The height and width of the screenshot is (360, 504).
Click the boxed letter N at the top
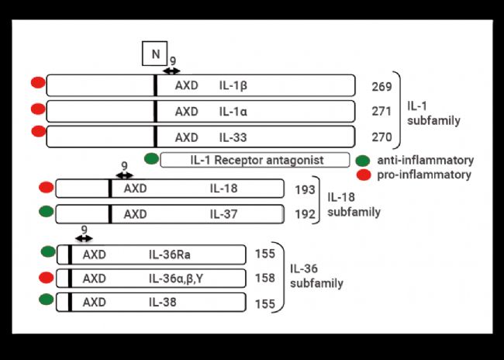(155, 54)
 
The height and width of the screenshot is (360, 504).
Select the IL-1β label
(233, 86)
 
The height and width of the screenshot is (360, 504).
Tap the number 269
(381, 87)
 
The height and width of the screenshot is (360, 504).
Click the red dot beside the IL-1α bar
(38, 109)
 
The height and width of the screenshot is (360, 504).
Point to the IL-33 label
(233, 137)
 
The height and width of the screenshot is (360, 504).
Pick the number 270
(381, 137)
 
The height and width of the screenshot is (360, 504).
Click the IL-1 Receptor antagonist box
(255, 160)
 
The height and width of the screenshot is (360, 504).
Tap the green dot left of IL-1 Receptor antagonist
(151, 158)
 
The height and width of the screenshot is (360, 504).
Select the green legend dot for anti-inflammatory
(363, 160)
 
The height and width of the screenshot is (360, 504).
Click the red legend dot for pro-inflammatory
(364, 175)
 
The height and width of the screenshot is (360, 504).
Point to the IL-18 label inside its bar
(224, 189)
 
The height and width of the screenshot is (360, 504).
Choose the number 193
(305, 190)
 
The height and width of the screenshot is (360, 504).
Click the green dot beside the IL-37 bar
(46, 211)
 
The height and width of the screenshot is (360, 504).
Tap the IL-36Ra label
(169, 254)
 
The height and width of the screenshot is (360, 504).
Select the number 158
(265, 278)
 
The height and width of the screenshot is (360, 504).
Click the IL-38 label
(162, 303)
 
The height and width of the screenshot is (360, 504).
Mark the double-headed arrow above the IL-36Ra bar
(84, 238)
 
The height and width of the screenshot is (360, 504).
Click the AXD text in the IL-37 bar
(136, 214)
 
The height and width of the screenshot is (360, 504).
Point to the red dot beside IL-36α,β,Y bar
(46, 277)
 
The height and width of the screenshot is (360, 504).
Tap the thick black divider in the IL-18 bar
(110, 189)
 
